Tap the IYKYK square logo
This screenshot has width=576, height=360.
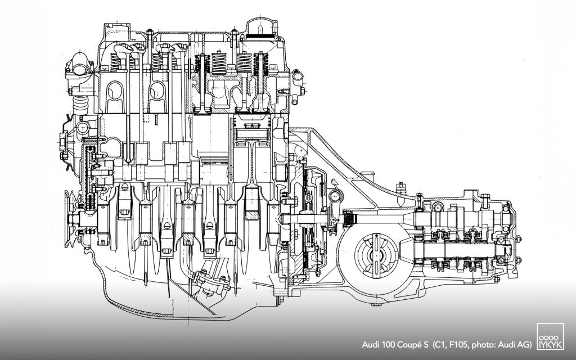550,336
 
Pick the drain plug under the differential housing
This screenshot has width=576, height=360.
375,304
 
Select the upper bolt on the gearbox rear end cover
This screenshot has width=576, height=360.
519,239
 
